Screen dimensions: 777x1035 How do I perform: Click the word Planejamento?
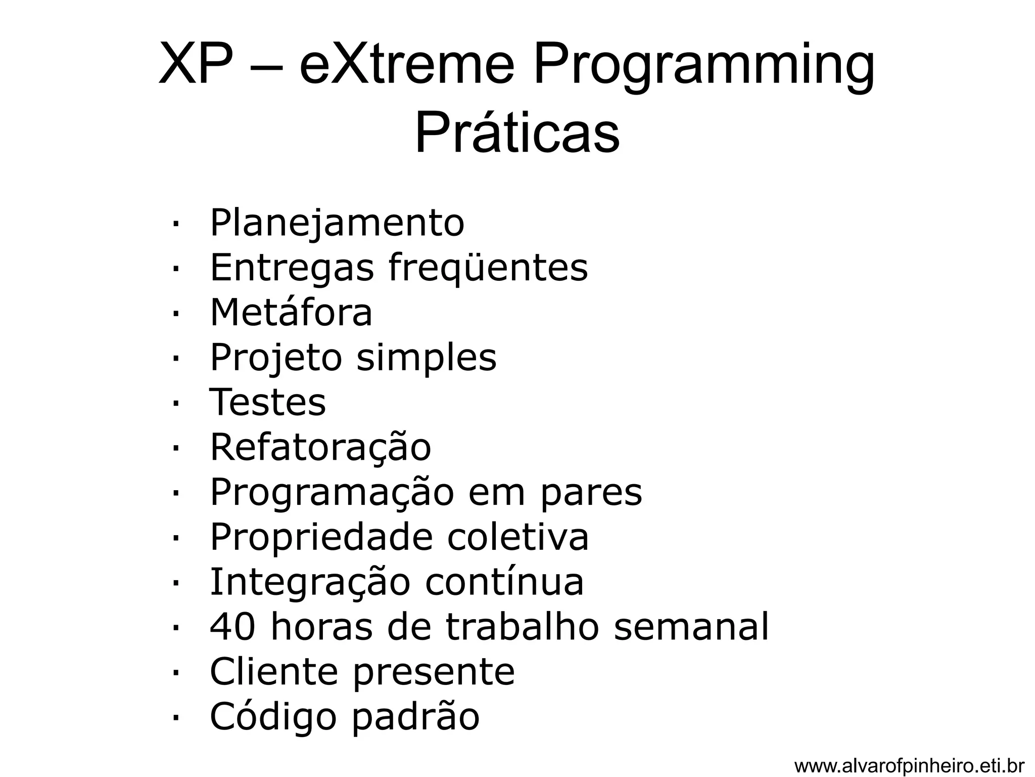(x=337, y=223)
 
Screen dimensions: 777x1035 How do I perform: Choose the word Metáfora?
(x=291, y=312)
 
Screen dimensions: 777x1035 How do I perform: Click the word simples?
(x=427, y=357)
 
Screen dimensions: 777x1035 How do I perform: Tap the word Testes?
(x=268, y=402)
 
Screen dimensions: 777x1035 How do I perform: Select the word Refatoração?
(x=320, y=447)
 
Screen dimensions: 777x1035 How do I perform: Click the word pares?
(x=591, y=492)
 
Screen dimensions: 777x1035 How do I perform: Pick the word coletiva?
(x=518, y=537)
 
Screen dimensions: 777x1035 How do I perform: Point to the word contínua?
(x=504, y=582)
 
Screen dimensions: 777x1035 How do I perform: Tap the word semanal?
(x=691, y=627)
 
